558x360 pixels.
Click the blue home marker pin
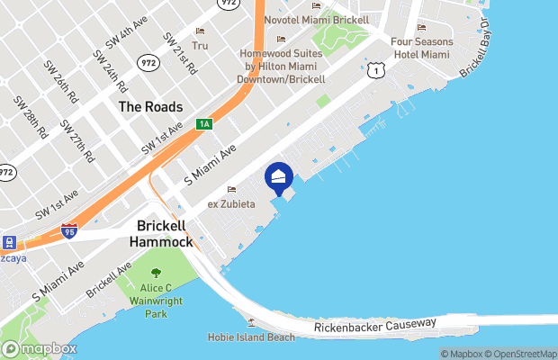tap(279, 177)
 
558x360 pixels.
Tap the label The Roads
tap(151, 107)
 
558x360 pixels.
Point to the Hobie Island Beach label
tap(251, 337)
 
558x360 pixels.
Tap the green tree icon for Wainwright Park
tap(156, 273)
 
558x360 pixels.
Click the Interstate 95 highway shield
tap(69, 231)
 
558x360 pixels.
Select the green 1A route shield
tap(204, 123)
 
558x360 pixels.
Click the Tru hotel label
tap(200, 45)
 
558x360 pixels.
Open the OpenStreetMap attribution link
tap(523, 354)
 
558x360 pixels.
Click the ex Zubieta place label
tap(232, 204)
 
